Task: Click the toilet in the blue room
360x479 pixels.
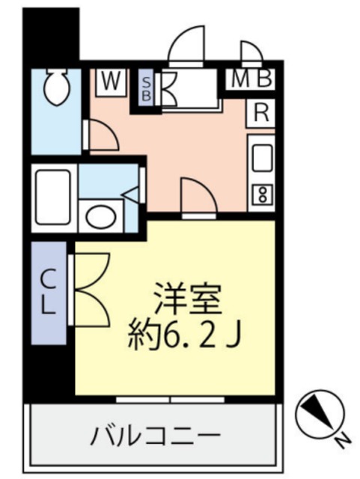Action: click(x=55, y=88)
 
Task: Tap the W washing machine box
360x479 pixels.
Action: click(x=110, y=80)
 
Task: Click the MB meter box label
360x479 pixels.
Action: click(x=251, y=78)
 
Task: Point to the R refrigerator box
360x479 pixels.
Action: click(x=261, y=113)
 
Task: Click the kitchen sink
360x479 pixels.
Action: click(x=262, y=156)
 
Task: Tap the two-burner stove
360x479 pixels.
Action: click(x=262, y=194)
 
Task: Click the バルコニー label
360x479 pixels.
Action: click(x=156, y=434)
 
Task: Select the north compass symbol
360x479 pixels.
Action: click(x=319, y=413)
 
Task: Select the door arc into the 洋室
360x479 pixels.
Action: click(x=198, y=196)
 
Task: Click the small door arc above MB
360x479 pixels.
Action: click(x=251, y=52)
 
